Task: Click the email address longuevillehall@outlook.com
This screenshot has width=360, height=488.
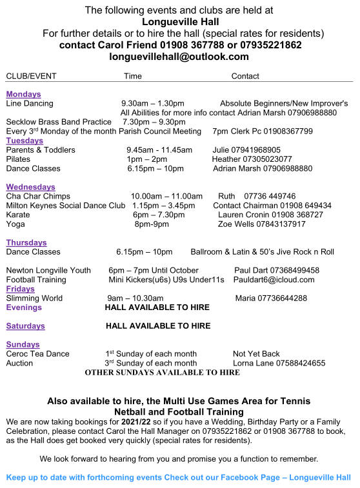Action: coord(179,57)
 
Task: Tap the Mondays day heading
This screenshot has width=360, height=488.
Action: coord(23,94)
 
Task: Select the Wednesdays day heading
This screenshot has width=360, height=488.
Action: coord(31,187)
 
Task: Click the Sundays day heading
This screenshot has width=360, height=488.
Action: coord(23,344)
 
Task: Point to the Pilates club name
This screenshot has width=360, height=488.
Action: coord(18,159)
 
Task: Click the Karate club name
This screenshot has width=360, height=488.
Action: coord(17,215)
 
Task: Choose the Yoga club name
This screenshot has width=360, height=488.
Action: coord(15,224)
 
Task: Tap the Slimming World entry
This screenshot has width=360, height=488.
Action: coord(34,298)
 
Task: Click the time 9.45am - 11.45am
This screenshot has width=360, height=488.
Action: coord(159,150)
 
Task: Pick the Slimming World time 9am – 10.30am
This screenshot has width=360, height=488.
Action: coord(135,298)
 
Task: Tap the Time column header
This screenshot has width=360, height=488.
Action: coord(133,76)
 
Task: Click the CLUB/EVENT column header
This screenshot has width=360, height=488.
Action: coord(31,76)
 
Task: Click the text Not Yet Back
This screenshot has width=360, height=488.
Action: coord(256,354)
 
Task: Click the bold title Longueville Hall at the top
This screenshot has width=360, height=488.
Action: coord(179,21)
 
